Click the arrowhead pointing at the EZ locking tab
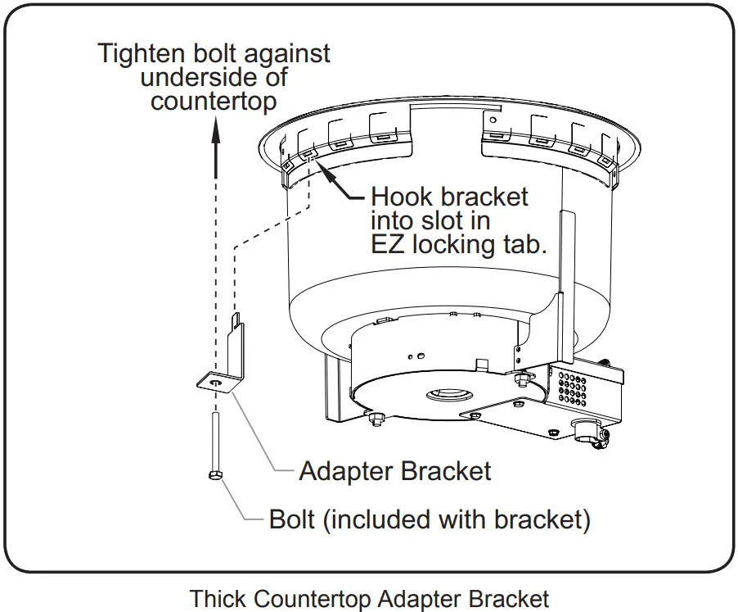coord(320,169)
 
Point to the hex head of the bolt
coord(214,476)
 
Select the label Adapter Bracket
coord(394,471)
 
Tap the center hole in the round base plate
coord(447,396)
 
